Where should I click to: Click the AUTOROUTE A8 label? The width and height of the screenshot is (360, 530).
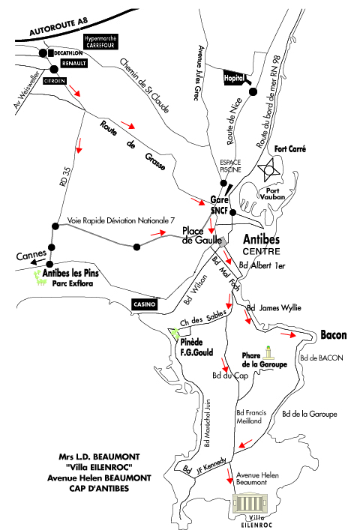(x=58, y=26)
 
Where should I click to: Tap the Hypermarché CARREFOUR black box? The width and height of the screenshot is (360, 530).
(x=100, y=41)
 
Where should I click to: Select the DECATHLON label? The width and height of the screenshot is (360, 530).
(x=68, y=53)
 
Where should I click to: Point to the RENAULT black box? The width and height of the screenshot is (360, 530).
(x=74, y=63)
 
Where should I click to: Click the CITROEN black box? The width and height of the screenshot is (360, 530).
(x=55, y=81)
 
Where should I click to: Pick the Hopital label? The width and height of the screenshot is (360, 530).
(x=234, y=79)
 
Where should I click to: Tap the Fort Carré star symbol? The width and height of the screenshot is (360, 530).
(x=269, y=169)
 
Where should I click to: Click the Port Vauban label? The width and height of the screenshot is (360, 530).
(x=272, y=193)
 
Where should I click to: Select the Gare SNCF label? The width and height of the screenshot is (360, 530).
(x=219, y=205)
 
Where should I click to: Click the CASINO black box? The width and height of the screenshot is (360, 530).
(x=144, y=304)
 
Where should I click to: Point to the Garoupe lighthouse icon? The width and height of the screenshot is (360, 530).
(x=268, y=352)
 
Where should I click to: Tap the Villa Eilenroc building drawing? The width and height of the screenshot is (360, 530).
(x=250, y=503)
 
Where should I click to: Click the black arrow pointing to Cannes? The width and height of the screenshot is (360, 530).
(x=38, y=262)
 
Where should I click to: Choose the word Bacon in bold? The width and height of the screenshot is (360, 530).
(x=333, y=335)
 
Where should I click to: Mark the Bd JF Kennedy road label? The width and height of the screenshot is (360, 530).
(x=204, y=466)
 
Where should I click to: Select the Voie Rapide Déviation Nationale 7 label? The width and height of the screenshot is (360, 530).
(x=121, y=220)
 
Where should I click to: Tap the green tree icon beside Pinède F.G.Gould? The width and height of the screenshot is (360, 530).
(x=175, y=333)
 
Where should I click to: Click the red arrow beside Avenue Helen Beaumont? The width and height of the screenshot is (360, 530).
(x=229, y=476)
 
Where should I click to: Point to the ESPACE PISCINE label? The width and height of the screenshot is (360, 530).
(x=230, y=166)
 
